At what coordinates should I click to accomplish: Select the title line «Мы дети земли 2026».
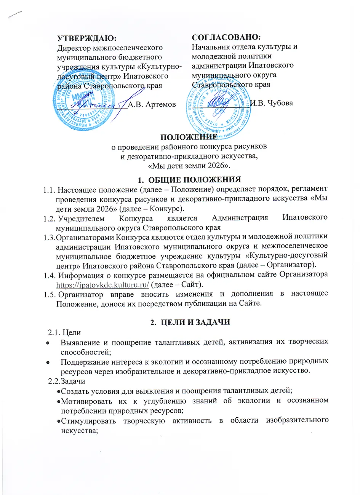click(x=189, y=166)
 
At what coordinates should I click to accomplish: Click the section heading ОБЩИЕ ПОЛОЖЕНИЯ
click(x=194, y=179)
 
